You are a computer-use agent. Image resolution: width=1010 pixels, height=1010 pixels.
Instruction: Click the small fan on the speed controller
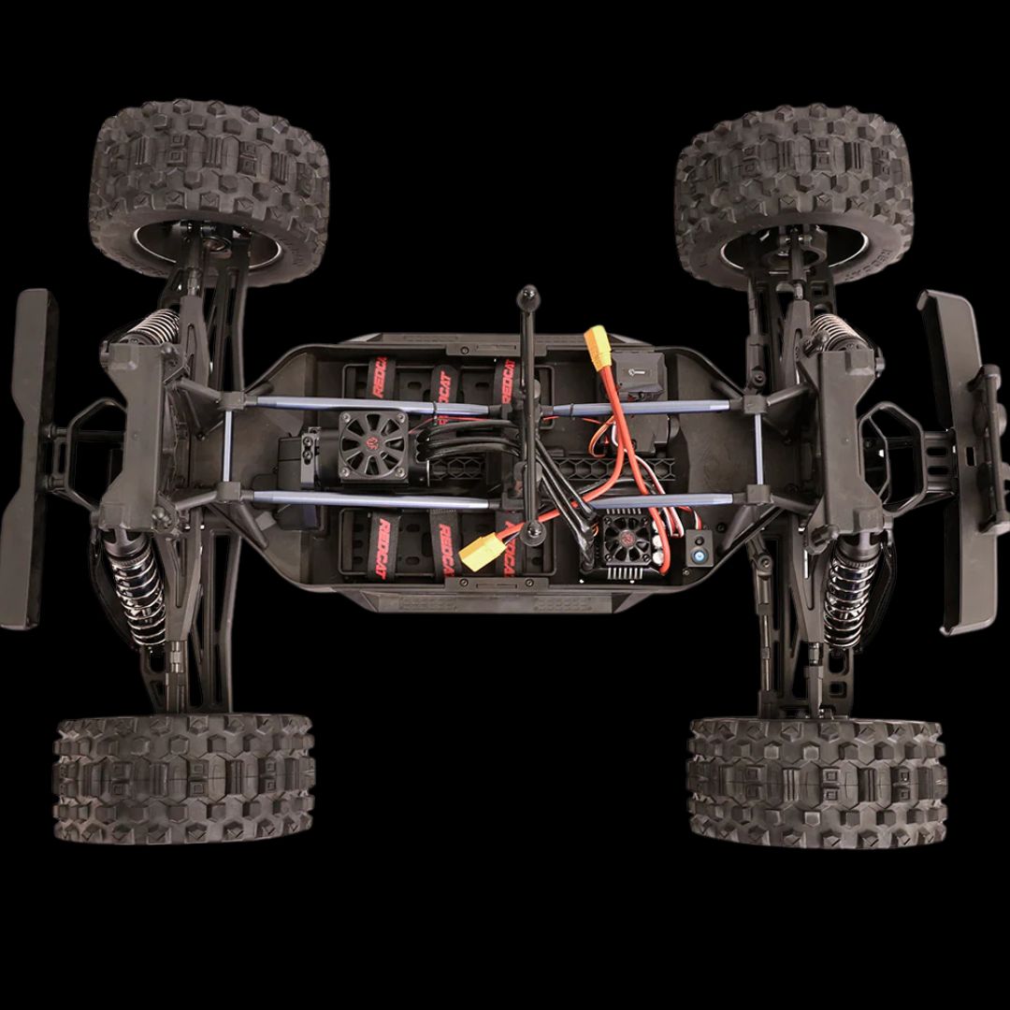[623, 538]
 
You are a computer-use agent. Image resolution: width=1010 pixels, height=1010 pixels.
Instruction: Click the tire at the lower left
[184, 778]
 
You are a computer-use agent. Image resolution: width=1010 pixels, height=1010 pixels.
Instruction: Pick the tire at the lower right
[816, 782]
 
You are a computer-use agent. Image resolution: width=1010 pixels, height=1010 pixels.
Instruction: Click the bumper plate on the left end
[27, 458]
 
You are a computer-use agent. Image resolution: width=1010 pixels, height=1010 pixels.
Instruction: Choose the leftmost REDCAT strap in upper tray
[380, 379]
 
